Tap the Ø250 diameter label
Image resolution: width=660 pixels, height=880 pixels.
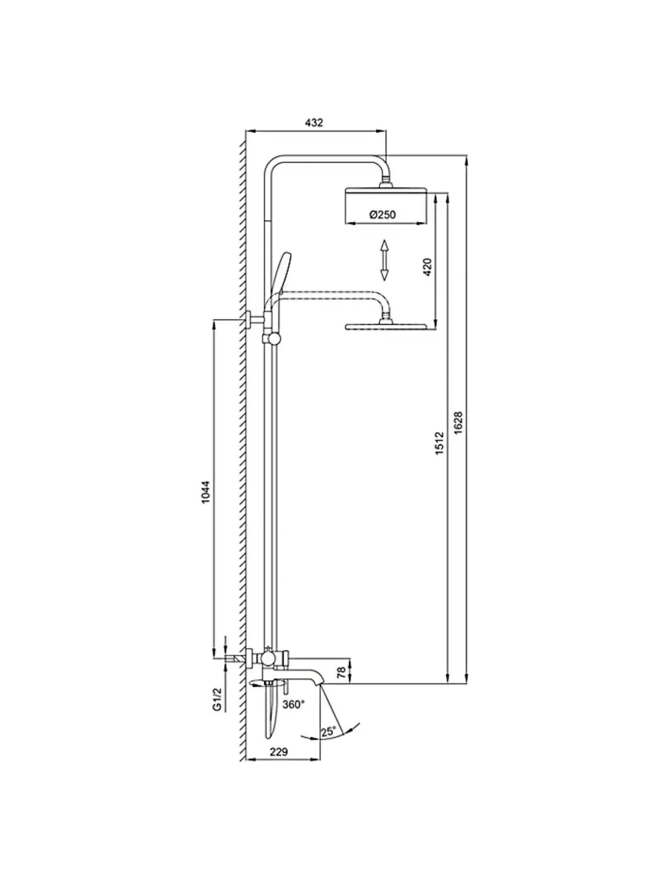pyautogui.click(x=383, y=214)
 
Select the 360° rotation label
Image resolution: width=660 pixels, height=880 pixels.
pyautogui.click(x=293, y=704)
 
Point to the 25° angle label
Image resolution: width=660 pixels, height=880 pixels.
pyautogui.click(x=328, y=731)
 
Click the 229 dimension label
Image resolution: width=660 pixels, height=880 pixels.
pyautogui.click(x=278, y=752)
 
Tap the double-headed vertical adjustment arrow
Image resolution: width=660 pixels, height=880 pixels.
pyautogui.click(x=384, y=260)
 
